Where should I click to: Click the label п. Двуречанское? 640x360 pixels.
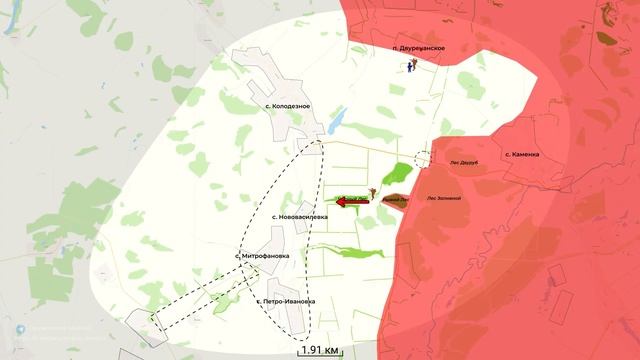418,48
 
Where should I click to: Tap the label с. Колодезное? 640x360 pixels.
287,106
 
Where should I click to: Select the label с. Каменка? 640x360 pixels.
522,154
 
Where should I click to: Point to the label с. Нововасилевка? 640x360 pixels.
299,217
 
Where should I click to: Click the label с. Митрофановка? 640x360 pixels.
262,256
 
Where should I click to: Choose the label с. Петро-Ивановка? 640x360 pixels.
285,301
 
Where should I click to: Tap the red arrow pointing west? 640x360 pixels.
351,202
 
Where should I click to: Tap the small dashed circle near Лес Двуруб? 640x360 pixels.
424,158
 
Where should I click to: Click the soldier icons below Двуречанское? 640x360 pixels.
412,66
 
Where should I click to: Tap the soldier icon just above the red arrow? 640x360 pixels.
372,189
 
